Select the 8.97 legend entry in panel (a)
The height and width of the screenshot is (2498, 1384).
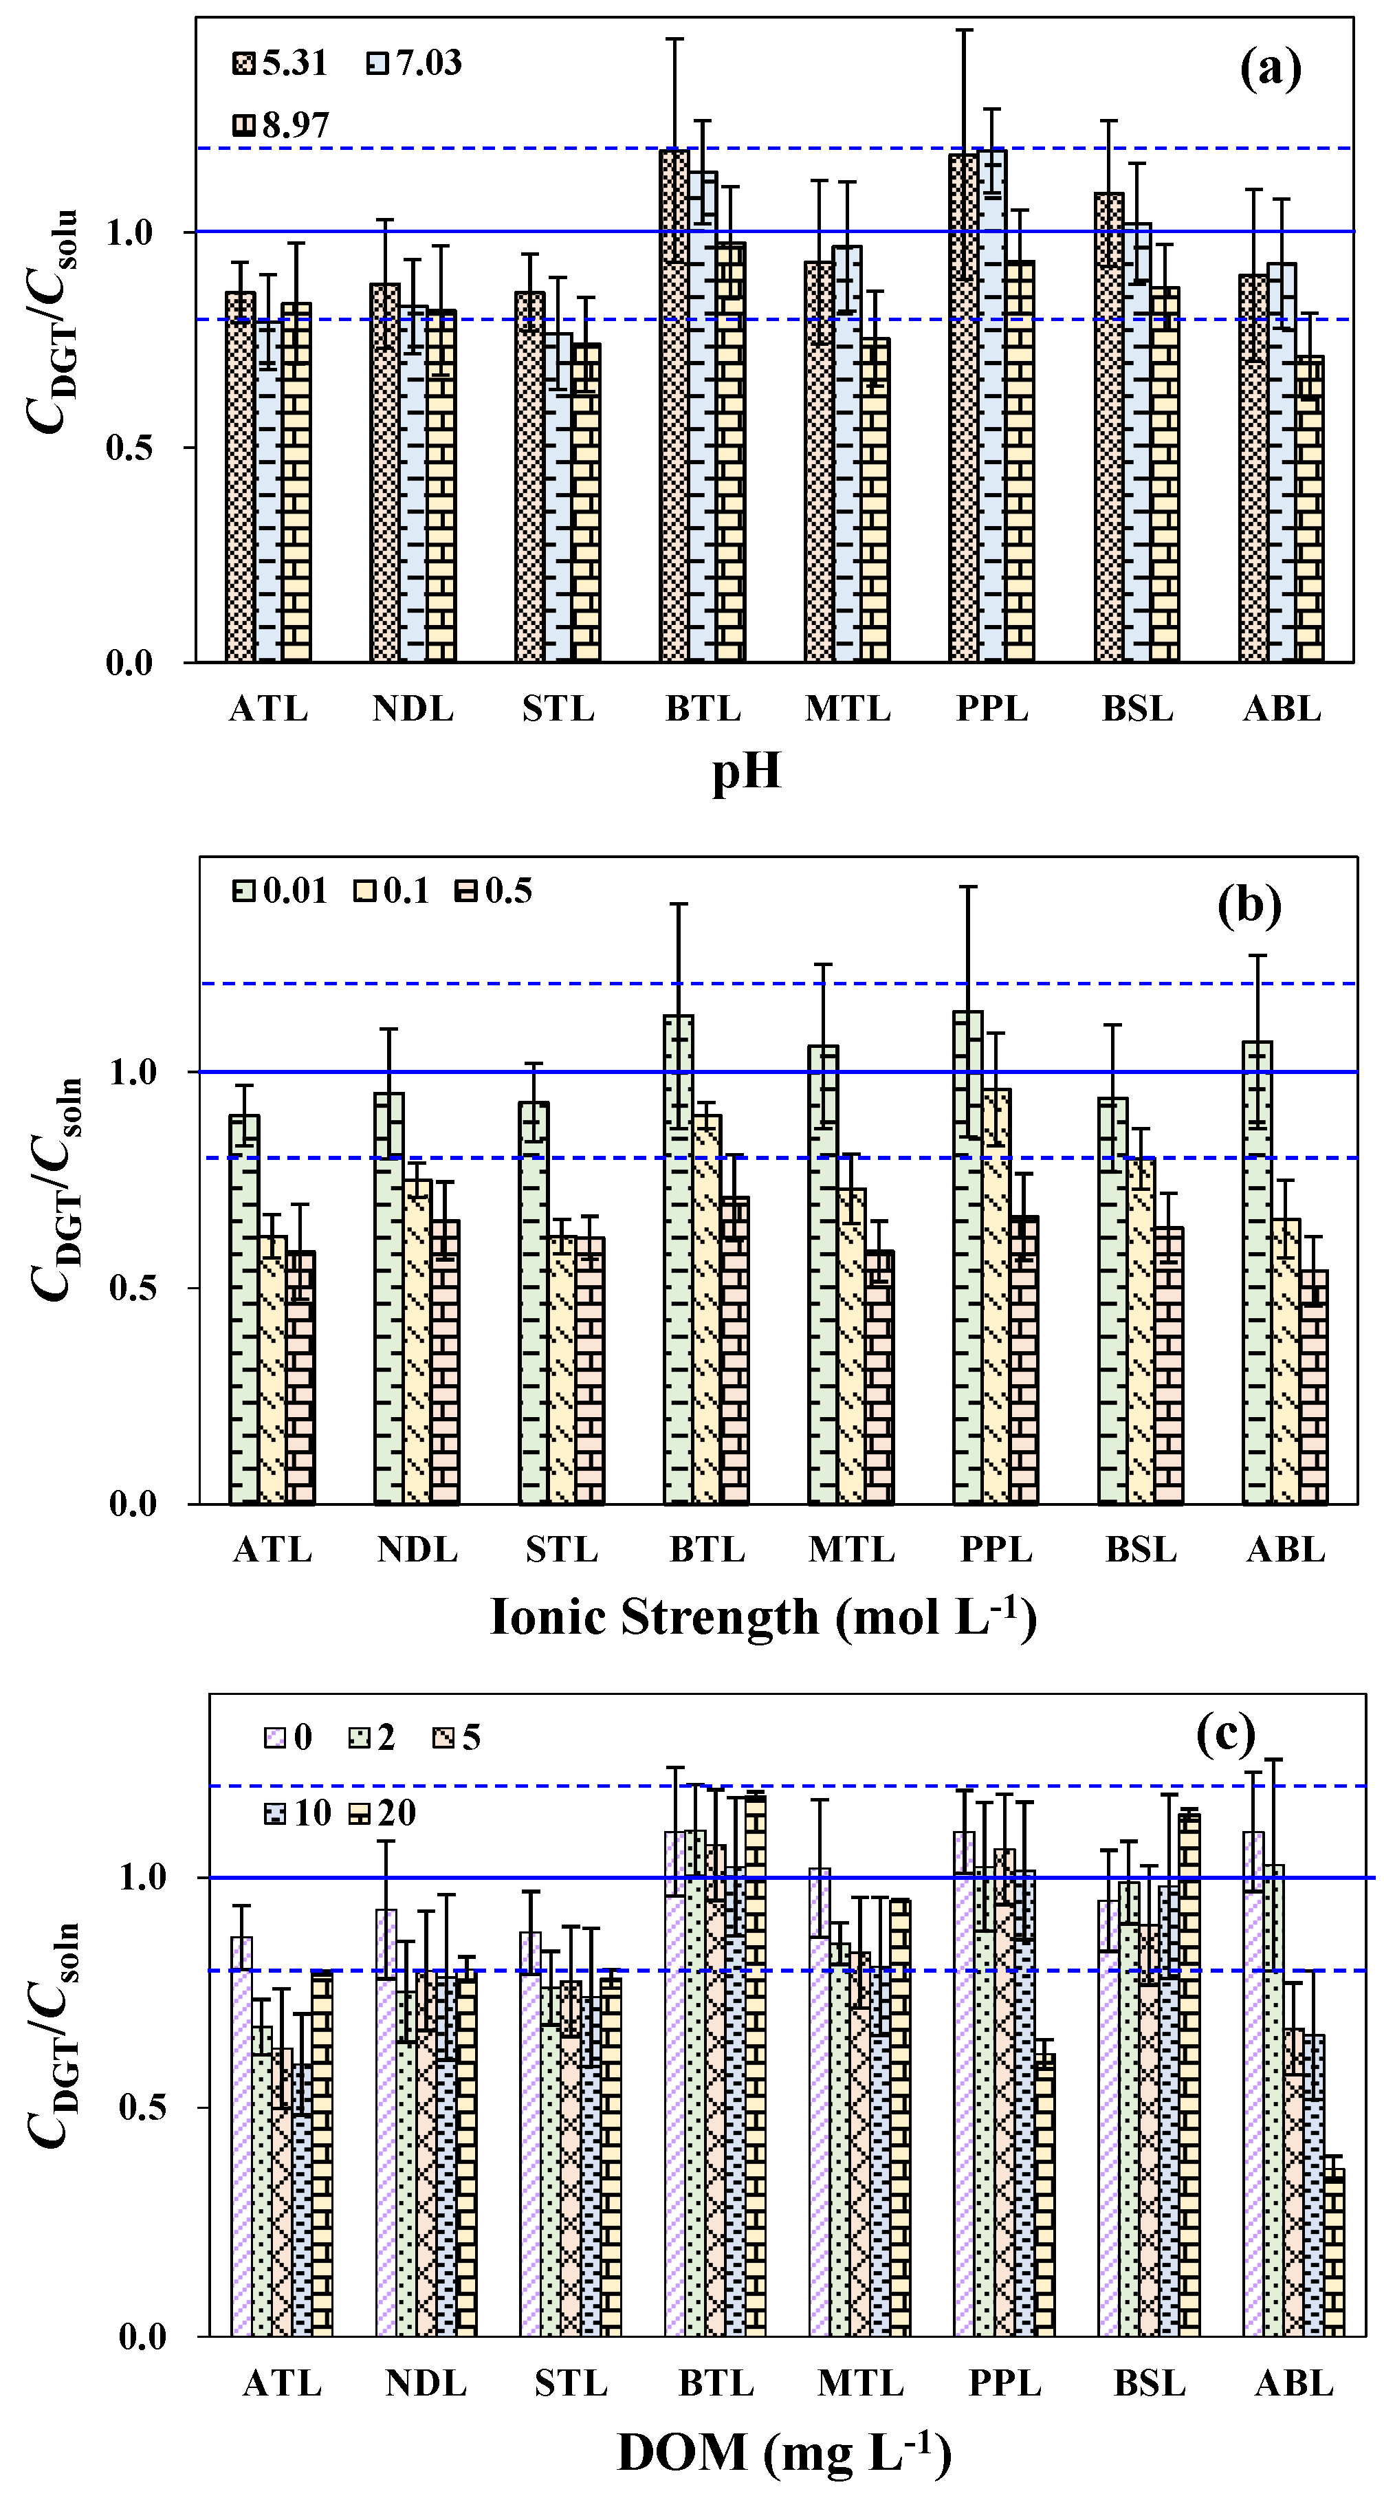(x=281, y=125)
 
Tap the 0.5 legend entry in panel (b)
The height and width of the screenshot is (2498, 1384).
(x=494, y=890)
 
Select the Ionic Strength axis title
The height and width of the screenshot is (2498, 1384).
(x=763, y=1617)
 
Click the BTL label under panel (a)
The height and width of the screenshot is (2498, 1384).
(x=703, y=709)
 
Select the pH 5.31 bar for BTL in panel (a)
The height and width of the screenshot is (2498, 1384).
(x=674, y=407)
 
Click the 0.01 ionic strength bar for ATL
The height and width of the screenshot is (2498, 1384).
(x=244, y=1309)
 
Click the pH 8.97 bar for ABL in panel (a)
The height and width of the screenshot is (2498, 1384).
(x=1309, y=509)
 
